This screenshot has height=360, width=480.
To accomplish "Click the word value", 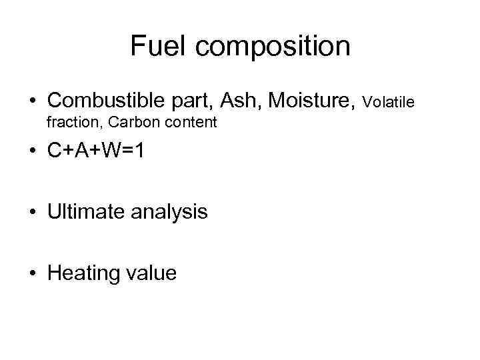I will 153,273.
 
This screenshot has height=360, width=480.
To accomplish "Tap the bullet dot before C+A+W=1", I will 32,153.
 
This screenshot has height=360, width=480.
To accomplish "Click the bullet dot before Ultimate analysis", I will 32,213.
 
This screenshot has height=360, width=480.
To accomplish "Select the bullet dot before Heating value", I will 32,273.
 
